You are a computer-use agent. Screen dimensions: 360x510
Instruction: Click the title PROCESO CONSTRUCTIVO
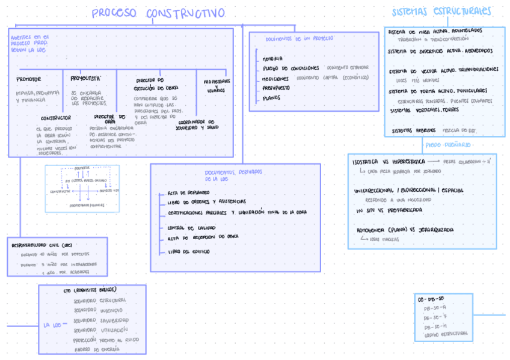pyautogui.click(x=159, y=13)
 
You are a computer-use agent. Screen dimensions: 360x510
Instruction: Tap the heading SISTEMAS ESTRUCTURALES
pyautogui.click(x=441, y=11)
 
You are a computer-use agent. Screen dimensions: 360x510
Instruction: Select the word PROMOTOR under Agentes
pyautogui.click(x=29, y=79)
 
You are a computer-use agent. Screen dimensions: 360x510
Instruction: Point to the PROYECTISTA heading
pyautogui.click(x=85, y=78)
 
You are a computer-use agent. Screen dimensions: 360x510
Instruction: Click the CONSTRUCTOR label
pyautogui.click(x=55, y=118)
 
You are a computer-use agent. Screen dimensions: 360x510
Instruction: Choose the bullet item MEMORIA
pyautogui.click(x=273, y=59)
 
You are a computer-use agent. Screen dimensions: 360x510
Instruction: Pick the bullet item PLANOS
pyautogui.click(x=271, y=97)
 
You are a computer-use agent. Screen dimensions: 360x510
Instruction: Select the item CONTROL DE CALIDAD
pyautogui.click(x=191, y=228)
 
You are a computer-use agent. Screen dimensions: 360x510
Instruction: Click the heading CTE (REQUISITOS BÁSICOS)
pyautogui.click(x=90, y=290)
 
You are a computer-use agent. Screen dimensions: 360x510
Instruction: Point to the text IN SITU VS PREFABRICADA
pyautogui.click(x=389, y=210)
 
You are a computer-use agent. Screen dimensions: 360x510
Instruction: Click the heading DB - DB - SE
pyautogui.click(x=431, y=298)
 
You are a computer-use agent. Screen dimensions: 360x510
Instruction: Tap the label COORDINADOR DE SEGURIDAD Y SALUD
pyautogui.click(x=198, y=124)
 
